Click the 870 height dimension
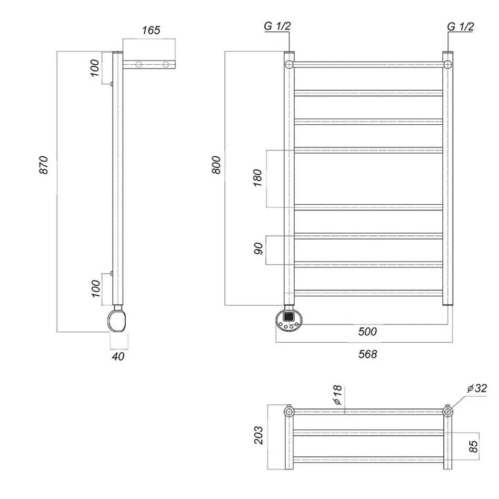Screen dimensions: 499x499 pos(44,165)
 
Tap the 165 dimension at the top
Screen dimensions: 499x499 pos(151,30)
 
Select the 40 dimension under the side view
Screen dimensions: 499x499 pos(118,356)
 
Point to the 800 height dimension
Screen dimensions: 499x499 pos(216,165)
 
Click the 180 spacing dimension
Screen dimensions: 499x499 pos(257,178)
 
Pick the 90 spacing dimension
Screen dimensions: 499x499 pos(258,248)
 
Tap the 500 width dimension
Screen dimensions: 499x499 pos(367,332)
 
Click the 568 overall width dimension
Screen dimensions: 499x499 pos(367,354)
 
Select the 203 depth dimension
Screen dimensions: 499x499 pos(258,435)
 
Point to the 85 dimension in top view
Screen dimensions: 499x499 pos(473,446)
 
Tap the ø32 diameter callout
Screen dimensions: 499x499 pos(477,388)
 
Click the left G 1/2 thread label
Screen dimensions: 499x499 pos(277,26)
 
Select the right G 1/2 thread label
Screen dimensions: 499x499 pos(460,26)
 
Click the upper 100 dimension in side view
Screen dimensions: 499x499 pos(95,68)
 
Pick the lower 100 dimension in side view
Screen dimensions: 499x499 pos(95,288)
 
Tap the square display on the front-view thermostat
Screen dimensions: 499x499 pos(288,317)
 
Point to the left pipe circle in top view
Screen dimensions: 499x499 pos(289,412)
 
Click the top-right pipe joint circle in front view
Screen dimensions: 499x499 pos(447,65)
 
